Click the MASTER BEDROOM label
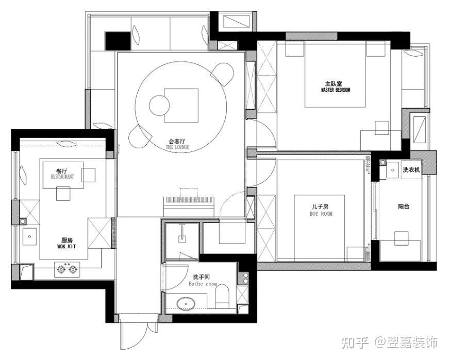point(336,90)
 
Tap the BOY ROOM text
point(321,214)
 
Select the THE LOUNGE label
point(177,147)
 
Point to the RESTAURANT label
point(62,177)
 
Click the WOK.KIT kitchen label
point(66,246)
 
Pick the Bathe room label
point(203,284)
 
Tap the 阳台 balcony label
point(404,207)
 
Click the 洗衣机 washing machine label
point(411,169)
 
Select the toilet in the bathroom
point(222,296)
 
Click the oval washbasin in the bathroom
point(186,304)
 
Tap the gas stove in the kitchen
point(68,269)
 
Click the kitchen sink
point(29,236)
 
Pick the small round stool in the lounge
point(159,105)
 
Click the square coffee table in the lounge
point(181,106)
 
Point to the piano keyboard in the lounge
point(189,200)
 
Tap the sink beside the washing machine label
point(393,170)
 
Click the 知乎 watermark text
point(355,343)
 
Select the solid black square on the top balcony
point(118,41)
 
